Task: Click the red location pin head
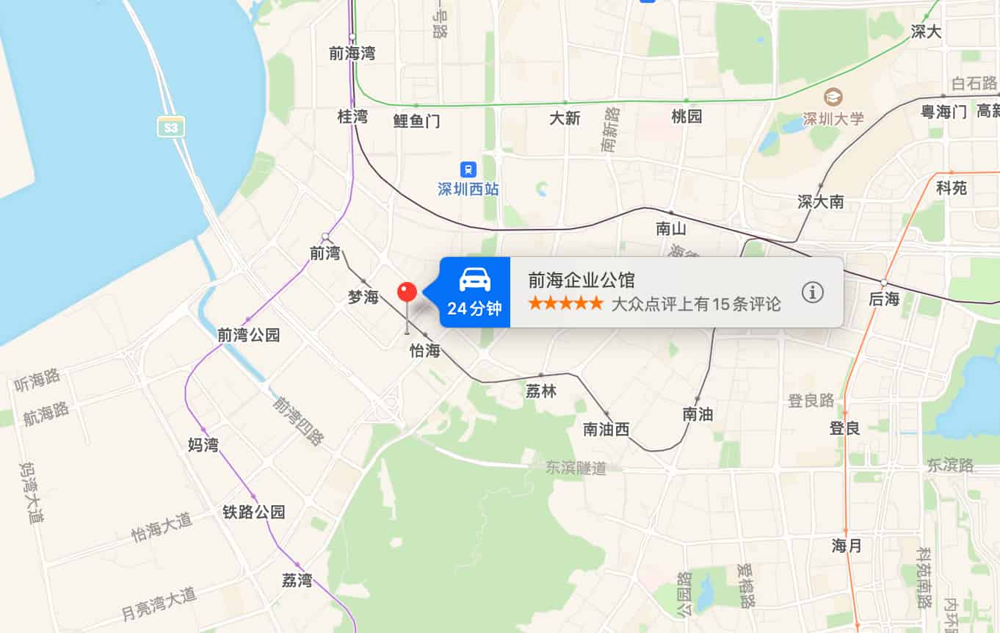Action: tap(407, 292)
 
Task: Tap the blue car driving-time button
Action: tap(474, 292)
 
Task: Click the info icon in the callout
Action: tap(812, 292)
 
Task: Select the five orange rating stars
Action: tap(565, 303)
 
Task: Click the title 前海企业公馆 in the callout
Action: tap(581, 280)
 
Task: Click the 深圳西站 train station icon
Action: tap(468, 170)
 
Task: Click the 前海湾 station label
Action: tap(352, 54)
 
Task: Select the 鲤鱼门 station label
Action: tap(416, 121)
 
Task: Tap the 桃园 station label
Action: tap(686, 116)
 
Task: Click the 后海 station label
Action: tap(883, 299)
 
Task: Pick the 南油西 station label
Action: tap(606, 430)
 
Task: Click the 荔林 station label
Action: tap(541, 391)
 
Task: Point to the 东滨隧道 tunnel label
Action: tap(576, 468)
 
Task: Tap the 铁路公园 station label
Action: tap(253, 512)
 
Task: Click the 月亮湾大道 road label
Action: tap(159, 604)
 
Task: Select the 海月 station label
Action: tap(847, 546)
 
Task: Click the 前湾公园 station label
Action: tap(248, 336)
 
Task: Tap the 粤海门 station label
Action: tap(943, 112)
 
